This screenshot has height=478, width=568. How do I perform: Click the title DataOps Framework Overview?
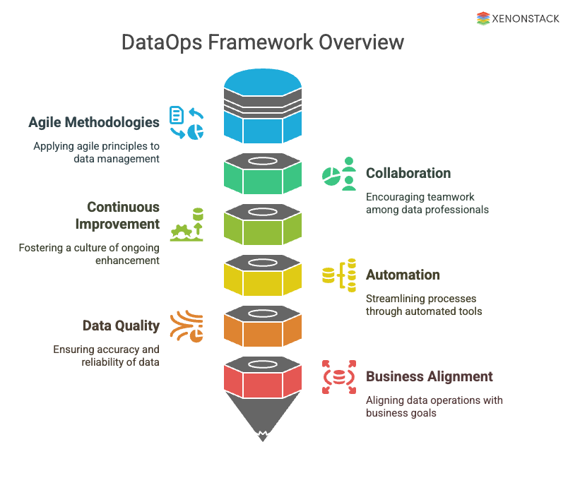(x=263, y=42)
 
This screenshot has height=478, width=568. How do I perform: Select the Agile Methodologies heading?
(x=94, y=122)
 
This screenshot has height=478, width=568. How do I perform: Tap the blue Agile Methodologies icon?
(x=187, y=122)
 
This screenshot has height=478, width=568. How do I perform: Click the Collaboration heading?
(x=408, y=173)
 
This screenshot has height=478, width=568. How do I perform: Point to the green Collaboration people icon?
(x=339, y=174)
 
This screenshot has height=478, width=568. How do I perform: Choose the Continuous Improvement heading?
(x=123, y=215)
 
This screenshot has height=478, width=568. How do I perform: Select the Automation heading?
(x=403, y=275)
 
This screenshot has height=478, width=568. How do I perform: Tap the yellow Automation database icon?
(x=339, y=275)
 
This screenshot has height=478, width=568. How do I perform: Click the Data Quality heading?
(x=121, y=325)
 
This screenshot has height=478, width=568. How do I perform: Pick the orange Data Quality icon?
(x=187, y=326)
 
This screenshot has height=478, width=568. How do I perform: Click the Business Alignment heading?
(x=429, y=376)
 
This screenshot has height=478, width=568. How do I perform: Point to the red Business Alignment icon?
(x=339, y=376)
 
